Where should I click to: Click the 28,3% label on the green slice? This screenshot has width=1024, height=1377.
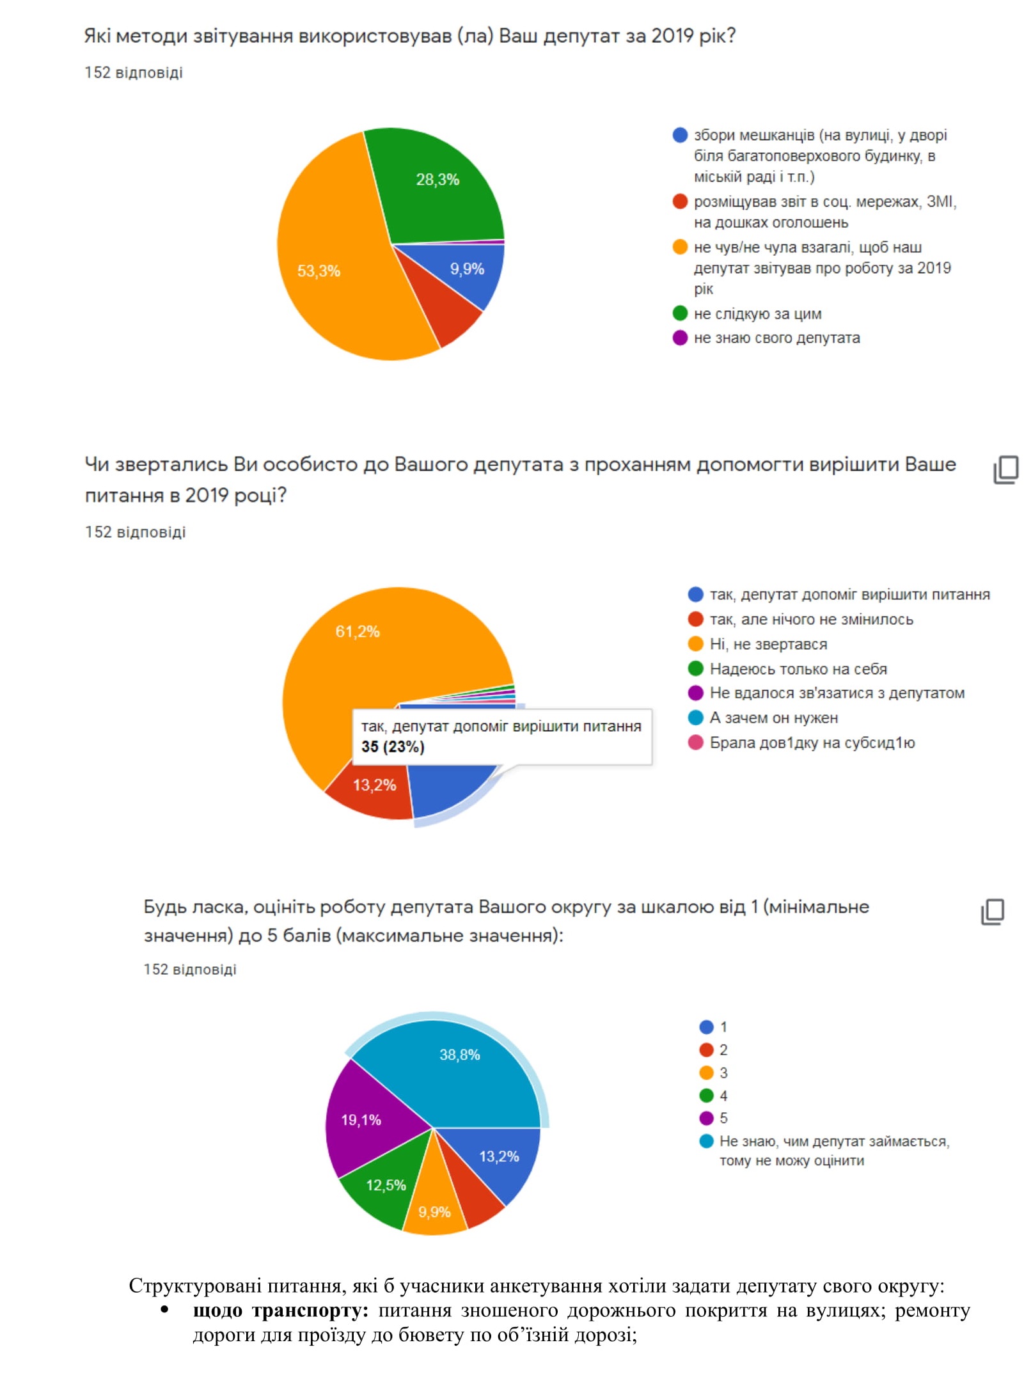point(437,180)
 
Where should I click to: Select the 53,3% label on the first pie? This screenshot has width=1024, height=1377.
point(319,271)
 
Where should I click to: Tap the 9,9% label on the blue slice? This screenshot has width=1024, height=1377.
point(467,269)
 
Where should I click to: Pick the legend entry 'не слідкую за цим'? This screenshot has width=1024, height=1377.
point(757,313)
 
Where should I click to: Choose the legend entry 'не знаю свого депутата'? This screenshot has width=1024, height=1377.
point(776,338)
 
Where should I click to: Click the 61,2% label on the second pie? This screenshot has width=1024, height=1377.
point(358,631)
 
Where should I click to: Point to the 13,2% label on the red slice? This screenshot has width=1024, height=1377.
point(375,785)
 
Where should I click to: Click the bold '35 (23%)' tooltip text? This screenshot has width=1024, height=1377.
point(393,746)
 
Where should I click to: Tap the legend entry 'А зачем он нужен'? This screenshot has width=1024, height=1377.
point(773,718)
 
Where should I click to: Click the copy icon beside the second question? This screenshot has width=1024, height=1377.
point(1005,469)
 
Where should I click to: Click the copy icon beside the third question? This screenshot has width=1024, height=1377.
point(993,911)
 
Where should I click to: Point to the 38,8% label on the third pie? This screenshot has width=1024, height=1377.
point(459,1055)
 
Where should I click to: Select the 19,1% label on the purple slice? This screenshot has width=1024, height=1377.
point(361,1120)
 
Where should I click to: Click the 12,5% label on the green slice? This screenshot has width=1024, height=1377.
point(386,1185)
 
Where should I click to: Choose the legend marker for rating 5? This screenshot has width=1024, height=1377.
point(706,1118)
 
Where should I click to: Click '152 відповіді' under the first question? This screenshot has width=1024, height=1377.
point(134,72)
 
